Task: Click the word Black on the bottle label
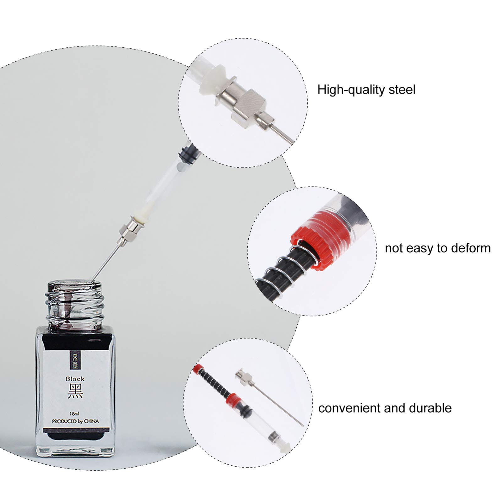(x=75, y=379)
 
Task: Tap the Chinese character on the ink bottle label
(x=75, y=391)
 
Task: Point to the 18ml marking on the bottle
(x=74, y=413)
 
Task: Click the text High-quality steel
(x=366, y=90)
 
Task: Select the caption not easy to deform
(x=437, y=248)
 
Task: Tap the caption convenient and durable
(x=385, y=408)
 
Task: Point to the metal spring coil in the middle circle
(x=283, y=270)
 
